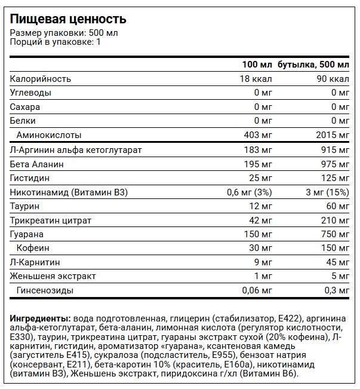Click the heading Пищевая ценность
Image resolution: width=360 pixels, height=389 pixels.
point(67,19)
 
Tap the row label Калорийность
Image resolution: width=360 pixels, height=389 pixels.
point(41,79)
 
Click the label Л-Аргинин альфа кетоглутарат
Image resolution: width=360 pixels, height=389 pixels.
point(76,149)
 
